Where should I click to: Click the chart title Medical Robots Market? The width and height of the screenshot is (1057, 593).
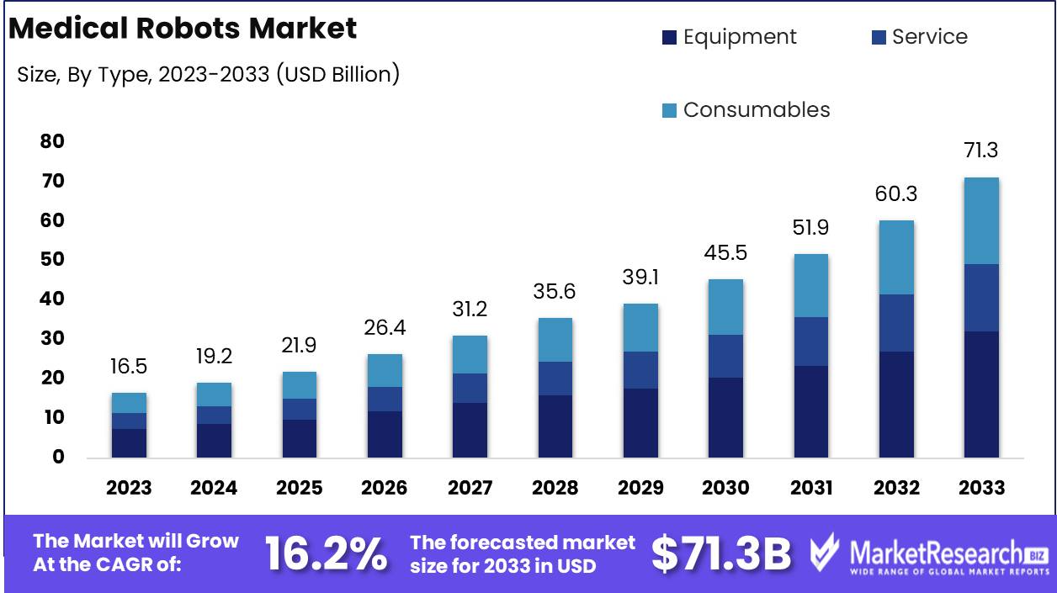tap(183, 29)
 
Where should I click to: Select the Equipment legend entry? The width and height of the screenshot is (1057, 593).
tap(729, 37)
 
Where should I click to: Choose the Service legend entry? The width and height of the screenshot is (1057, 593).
tap(919, 37)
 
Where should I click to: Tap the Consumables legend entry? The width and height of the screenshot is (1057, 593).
tap(746, 110)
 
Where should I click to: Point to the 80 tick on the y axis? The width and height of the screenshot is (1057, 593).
tap(52, 141)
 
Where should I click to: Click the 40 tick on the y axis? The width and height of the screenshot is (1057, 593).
tap(52, 299)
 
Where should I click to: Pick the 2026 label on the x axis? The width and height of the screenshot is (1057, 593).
tap(384, 488)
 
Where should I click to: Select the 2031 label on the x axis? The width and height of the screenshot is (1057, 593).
tap(810, 488)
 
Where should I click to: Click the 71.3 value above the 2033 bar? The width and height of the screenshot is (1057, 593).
tap(981, 151)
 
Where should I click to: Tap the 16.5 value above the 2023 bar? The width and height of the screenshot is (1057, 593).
tap(129, 367)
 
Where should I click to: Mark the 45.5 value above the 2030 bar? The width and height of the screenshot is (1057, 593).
tap(725, 253)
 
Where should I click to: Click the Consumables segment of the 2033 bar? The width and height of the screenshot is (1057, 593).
tap(981, 220)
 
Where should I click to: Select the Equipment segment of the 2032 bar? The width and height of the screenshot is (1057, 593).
tap(896, 405)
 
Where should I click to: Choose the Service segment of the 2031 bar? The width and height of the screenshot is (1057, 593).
tap(810, 342)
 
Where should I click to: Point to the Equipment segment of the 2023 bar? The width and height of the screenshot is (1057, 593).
tap(129, 443)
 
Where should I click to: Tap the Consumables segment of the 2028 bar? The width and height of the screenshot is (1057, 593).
tap(555, 340)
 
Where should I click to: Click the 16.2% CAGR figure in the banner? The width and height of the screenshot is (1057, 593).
tap(327, 554)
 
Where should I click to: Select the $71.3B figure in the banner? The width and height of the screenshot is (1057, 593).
tap(721, 554)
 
